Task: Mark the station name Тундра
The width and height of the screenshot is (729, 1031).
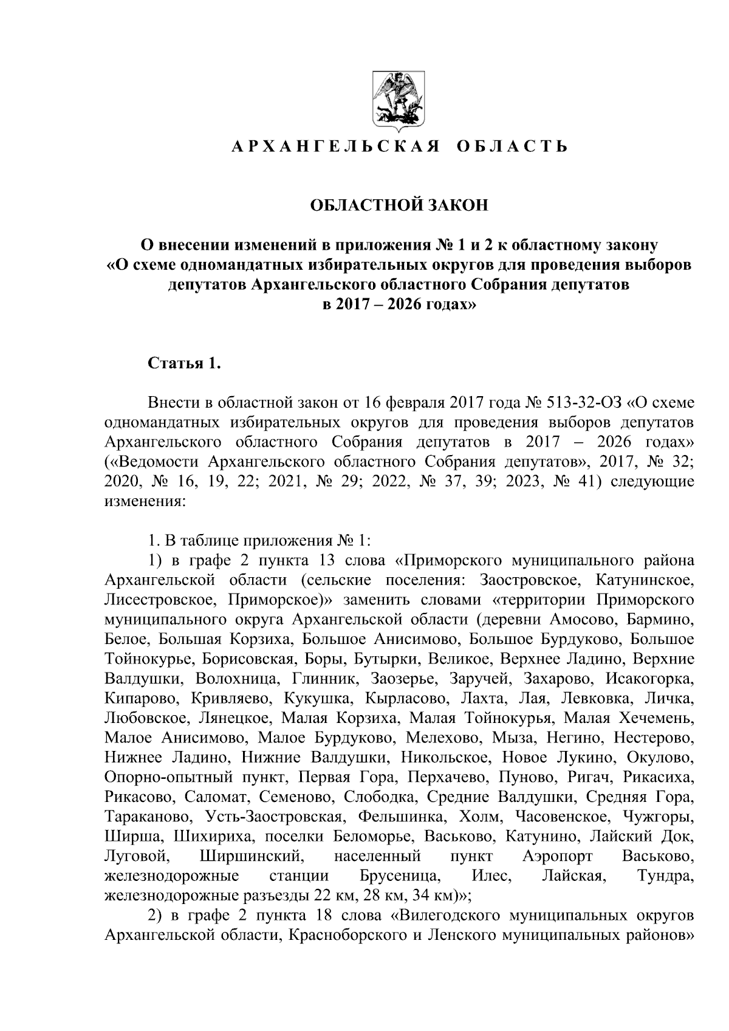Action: click(666, 876)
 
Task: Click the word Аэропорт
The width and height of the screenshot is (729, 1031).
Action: click(558, 857)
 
